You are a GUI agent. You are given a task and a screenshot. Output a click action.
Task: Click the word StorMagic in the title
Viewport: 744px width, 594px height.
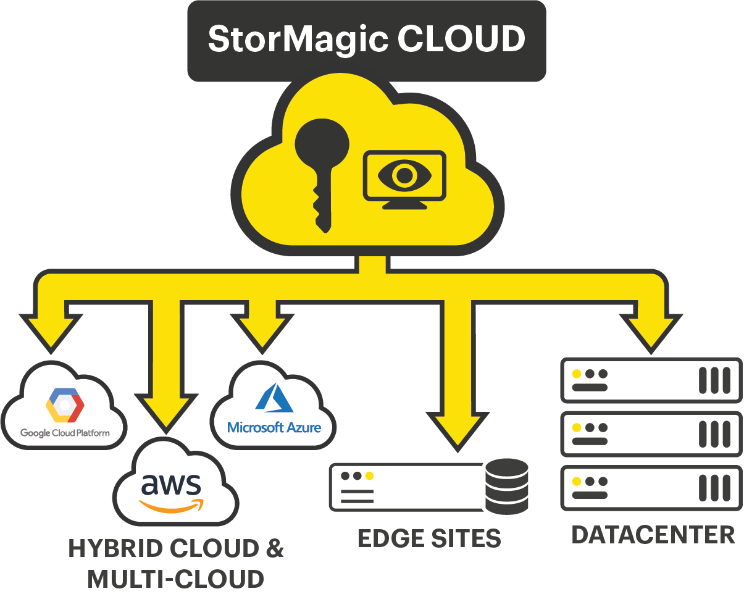pyautogui.click(x=298, y=40)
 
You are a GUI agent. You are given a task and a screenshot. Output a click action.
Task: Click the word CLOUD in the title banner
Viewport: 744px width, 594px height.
pyautogui.click(x=461, y=40)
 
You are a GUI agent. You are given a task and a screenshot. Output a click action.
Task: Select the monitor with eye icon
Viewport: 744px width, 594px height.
pyautogui.click(x=404, y=178)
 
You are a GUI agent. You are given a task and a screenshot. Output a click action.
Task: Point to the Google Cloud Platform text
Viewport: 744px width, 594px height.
pyautogui.click(x=65, y=433)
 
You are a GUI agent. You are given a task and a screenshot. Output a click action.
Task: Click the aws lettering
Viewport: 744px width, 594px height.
pyautogui.click(x=171, y=485)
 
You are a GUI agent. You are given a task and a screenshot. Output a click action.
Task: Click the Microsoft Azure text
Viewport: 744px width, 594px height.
pyautogui.click(x=274, y=427)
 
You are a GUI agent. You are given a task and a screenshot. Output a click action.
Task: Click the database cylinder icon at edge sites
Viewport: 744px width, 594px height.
pyautogui.click(x=506, y=486)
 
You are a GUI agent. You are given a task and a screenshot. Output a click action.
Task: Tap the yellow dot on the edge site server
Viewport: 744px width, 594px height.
pyautogui.click(x=369, y=476)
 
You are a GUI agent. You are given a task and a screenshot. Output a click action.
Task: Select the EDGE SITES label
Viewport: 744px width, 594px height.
pyautogui.click(x=429, y=538)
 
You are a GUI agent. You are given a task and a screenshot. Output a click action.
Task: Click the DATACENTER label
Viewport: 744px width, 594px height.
pyautogui.click(x=653, y=535)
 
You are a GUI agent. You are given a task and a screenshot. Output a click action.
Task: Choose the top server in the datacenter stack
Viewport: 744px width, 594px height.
pyautogui.click(x=651, y=380)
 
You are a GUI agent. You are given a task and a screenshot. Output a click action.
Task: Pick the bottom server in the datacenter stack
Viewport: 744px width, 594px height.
pyautogui.click(x=651, y=488)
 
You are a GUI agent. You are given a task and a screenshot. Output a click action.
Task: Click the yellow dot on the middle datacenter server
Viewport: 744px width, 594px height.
pyautogui.click(x=577, y=427)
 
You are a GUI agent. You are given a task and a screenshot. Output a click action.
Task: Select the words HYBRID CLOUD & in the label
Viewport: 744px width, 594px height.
pyautogui.click(x=176, y=549)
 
